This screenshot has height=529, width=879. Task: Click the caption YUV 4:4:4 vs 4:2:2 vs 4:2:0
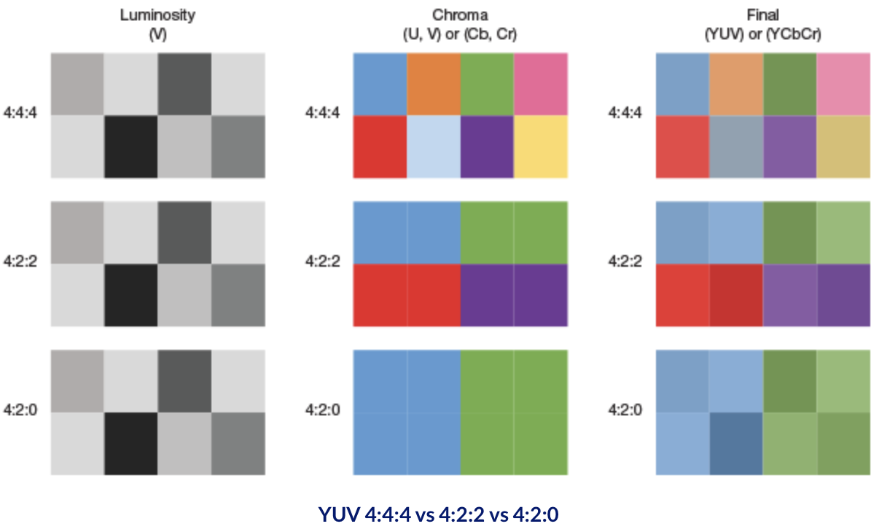(439, 514)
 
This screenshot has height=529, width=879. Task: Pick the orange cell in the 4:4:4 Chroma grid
(433, 84)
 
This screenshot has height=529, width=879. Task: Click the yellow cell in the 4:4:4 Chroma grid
(540, 146)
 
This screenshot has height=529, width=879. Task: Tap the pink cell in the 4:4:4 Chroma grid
(540, 84)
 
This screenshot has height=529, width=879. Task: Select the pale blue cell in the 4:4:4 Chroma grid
(433, 146)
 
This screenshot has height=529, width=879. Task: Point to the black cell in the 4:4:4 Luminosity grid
(130, 146)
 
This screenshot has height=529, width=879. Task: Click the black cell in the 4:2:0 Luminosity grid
(130, 444)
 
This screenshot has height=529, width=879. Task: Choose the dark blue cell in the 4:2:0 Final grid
(735, 444)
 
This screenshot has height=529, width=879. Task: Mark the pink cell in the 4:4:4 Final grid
(843, 84)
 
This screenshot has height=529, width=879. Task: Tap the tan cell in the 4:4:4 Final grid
(843, 146)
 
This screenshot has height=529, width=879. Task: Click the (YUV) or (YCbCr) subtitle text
(762, 34)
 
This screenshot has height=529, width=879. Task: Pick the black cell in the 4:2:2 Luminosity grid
(130, 295)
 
